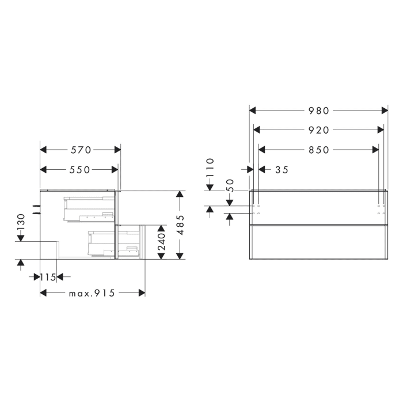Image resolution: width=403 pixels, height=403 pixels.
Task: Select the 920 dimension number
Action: (318, 130)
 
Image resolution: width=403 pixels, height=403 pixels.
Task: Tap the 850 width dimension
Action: (318, 150)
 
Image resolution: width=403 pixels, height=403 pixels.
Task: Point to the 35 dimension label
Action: (282, 169)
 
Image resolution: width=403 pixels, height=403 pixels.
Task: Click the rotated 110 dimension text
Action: (210, 168)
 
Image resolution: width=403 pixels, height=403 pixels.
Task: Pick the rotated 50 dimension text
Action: (229, 185)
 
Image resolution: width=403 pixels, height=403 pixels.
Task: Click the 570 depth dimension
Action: (81, 150)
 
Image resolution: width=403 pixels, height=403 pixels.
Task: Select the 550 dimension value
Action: (79, 169)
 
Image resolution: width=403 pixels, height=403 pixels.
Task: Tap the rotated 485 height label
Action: (180, 225)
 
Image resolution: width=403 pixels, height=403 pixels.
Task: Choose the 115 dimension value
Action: (48, 277)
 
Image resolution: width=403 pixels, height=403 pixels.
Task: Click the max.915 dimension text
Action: (92, 293)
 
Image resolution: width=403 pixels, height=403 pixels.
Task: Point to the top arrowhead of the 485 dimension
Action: (180, 194)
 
